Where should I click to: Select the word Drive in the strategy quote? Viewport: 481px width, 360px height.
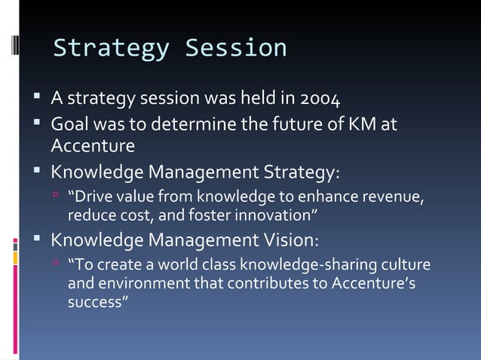point(91,198)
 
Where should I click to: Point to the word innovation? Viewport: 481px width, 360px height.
point(281,216)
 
